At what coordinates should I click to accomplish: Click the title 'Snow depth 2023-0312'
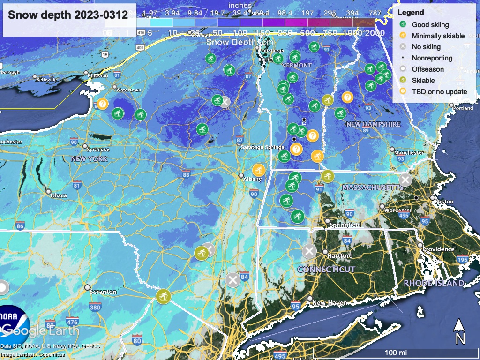68,15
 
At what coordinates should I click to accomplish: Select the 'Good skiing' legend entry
430,24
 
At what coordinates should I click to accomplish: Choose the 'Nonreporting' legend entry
432,58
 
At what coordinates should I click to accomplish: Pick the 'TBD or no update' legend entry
439,91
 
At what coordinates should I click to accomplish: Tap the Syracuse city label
98,150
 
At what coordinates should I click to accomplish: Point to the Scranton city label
105,292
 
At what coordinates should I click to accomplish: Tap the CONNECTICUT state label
326,270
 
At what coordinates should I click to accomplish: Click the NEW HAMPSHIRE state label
373,124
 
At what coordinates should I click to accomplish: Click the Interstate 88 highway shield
186,175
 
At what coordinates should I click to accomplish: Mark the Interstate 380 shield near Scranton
95,307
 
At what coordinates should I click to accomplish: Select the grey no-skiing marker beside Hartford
308,251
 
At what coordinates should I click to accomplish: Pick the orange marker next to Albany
258,170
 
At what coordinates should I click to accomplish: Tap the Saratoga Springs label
262,147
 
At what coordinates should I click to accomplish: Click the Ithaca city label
59,195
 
